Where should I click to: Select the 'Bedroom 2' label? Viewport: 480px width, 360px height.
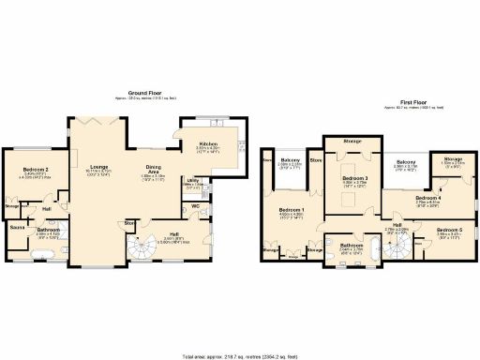[x=35, y=170]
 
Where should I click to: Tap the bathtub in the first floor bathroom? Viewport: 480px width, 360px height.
[x=373, y=249]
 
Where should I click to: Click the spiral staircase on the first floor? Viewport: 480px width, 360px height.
[x=399, y=246]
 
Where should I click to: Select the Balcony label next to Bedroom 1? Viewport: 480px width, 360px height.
[x=290, y=162]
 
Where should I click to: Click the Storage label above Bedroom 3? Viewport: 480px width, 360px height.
[x=352, y=141]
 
